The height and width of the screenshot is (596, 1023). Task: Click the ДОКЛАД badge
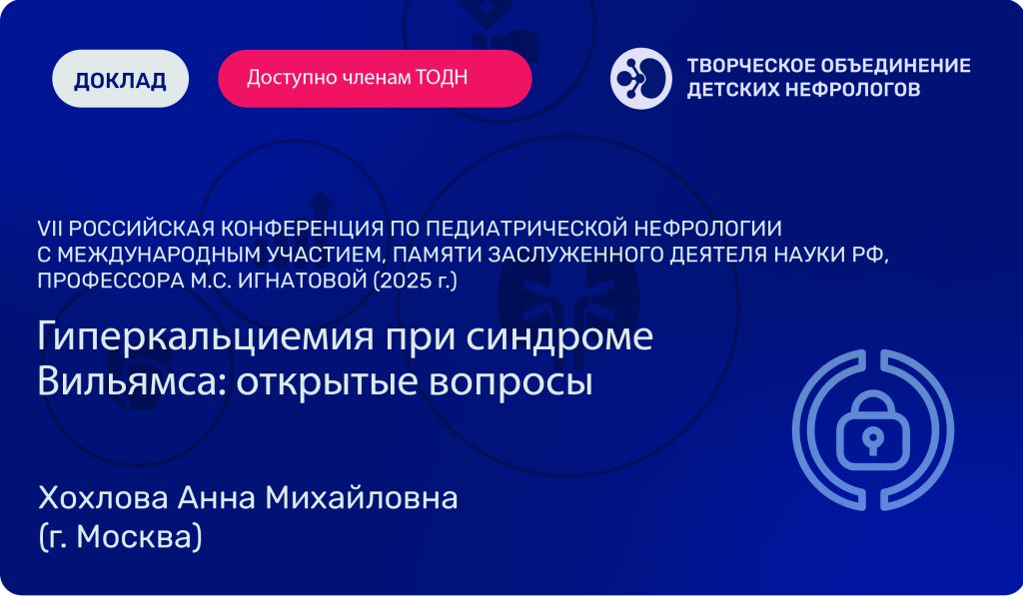[120, 78]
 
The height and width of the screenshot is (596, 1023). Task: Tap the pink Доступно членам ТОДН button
[376, 78]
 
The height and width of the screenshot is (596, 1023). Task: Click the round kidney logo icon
[641, 78]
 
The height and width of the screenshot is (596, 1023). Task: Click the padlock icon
[873, 429]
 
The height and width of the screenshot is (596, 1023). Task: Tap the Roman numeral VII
[50, 229]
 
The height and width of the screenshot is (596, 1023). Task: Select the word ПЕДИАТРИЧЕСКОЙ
[526, 229]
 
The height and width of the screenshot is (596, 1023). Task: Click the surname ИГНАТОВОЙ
[303, 281]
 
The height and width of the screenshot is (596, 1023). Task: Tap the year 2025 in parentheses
[404, 281]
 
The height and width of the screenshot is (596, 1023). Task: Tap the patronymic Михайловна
[362, 498]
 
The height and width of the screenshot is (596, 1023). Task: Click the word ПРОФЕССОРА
[110, 281]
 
